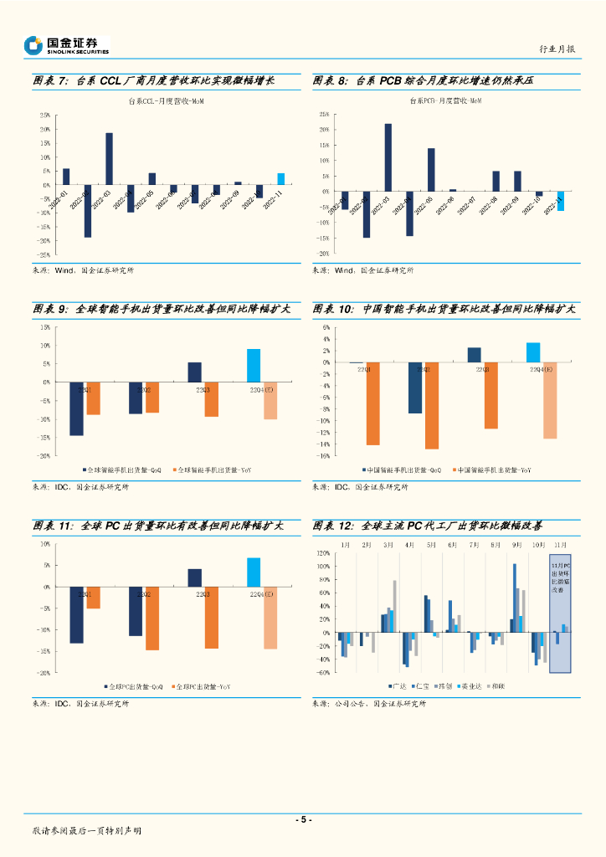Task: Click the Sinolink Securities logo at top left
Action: (x=66, y=45)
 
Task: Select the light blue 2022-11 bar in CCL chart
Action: (x=280, y=179)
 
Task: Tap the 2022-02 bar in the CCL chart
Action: (x=88, y=211)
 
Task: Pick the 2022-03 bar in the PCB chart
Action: (x=388, y=157)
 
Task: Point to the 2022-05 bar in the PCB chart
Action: (x=431, y=170)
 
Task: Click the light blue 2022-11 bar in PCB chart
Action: (x=560, y=201)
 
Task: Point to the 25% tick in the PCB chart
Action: (x=322, y=114)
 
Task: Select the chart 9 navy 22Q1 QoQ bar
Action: (x=76, y=408)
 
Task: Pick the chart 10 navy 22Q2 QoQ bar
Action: (x=414, y=388)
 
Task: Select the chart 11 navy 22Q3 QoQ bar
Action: (x=194, y=577)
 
